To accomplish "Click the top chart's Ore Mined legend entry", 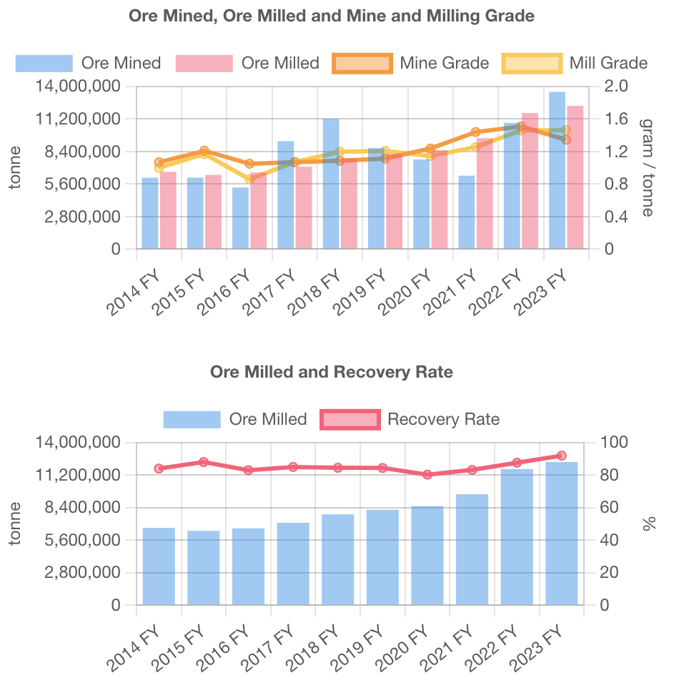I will tap(88, 63).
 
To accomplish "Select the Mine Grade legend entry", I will tap(411, 63).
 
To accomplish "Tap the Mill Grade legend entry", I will tap(575, 63).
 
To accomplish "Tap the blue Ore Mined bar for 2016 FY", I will tap(240, 218).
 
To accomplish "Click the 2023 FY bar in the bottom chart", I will tap(562, 534).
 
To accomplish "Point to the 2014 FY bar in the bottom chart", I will tap(159, 566).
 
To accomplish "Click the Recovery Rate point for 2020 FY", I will tap(427, 474).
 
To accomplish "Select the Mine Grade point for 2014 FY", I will tap(159, 162).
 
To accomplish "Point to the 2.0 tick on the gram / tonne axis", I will tap(616, 86).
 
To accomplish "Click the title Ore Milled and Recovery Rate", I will tap(332, 372).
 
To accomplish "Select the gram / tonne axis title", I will tap(647, 167).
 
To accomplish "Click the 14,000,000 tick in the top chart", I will tap(75, 86).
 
